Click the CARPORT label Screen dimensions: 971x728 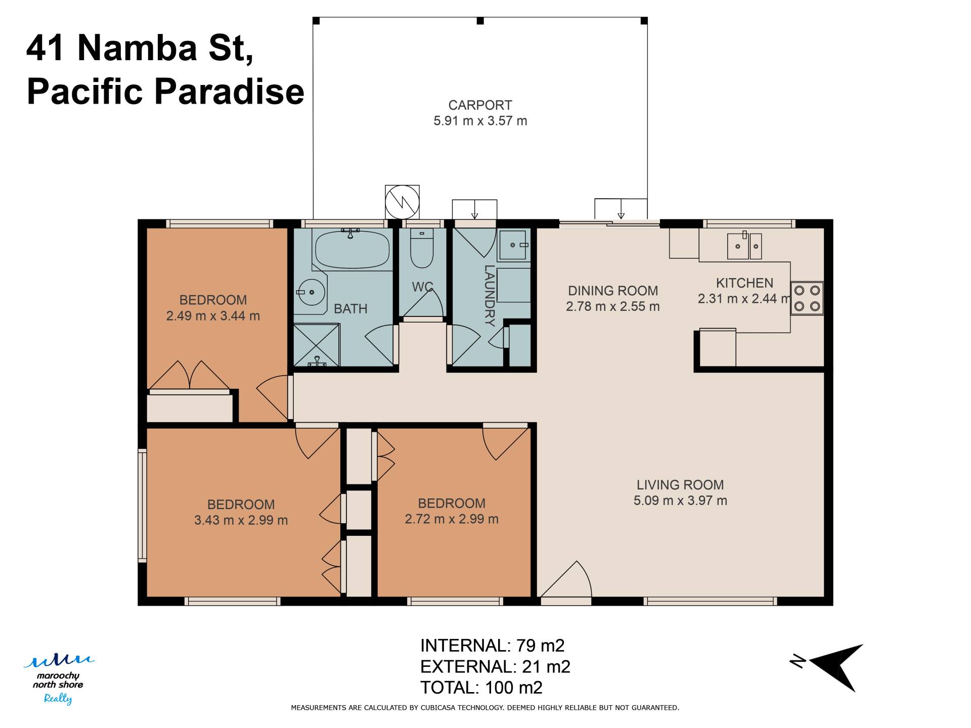coord(480,105)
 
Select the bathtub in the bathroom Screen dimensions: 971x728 coord(352,249)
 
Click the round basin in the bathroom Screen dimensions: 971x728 coord(311,292)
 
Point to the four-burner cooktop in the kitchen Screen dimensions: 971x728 coord(807,298)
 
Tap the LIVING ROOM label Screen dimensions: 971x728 coord(680,485)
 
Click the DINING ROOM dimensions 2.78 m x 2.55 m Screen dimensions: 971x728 coord(613,306)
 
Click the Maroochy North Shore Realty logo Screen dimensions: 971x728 coord(58,678)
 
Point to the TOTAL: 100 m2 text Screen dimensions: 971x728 coord(481,688)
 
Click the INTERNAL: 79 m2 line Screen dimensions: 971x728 coord(492,646)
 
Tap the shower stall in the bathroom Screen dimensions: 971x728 coord(317,345)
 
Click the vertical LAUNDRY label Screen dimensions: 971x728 coord(490,295)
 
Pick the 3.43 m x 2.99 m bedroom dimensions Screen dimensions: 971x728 coord(241,520)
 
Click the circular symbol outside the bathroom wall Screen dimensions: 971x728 coord(402,202)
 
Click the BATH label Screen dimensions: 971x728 coord(350,308)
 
